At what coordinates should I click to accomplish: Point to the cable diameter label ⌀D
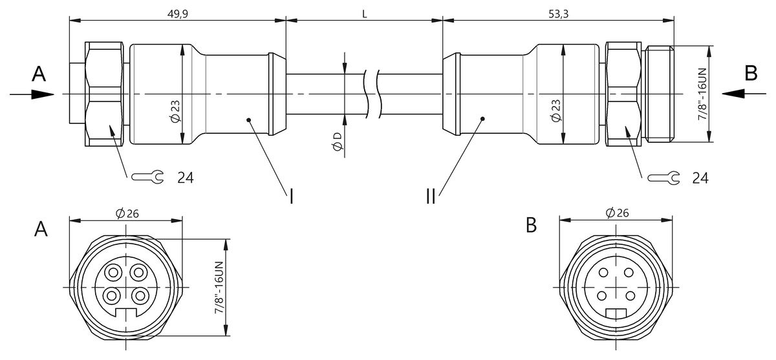(337, 143)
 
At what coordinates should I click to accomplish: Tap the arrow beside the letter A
(32, 94)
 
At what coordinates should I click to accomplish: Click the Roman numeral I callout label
(291, 196)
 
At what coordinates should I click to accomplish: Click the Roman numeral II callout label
(431, 196)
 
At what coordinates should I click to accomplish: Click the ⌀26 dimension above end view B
(618, 214)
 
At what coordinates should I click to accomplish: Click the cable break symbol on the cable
(374, 94)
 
